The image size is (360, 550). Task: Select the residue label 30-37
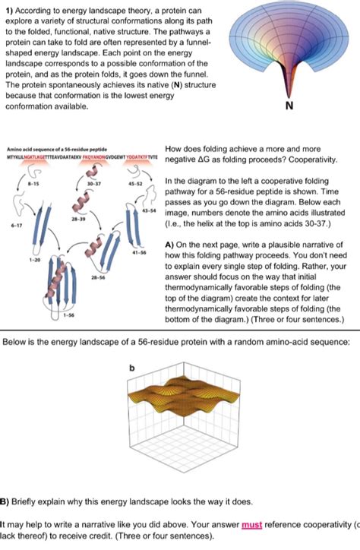coord(94,183)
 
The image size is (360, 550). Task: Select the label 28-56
coord(96,278)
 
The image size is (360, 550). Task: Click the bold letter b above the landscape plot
coord(132,367)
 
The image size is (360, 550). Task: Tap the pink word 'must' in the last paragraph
coord(253,524)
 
